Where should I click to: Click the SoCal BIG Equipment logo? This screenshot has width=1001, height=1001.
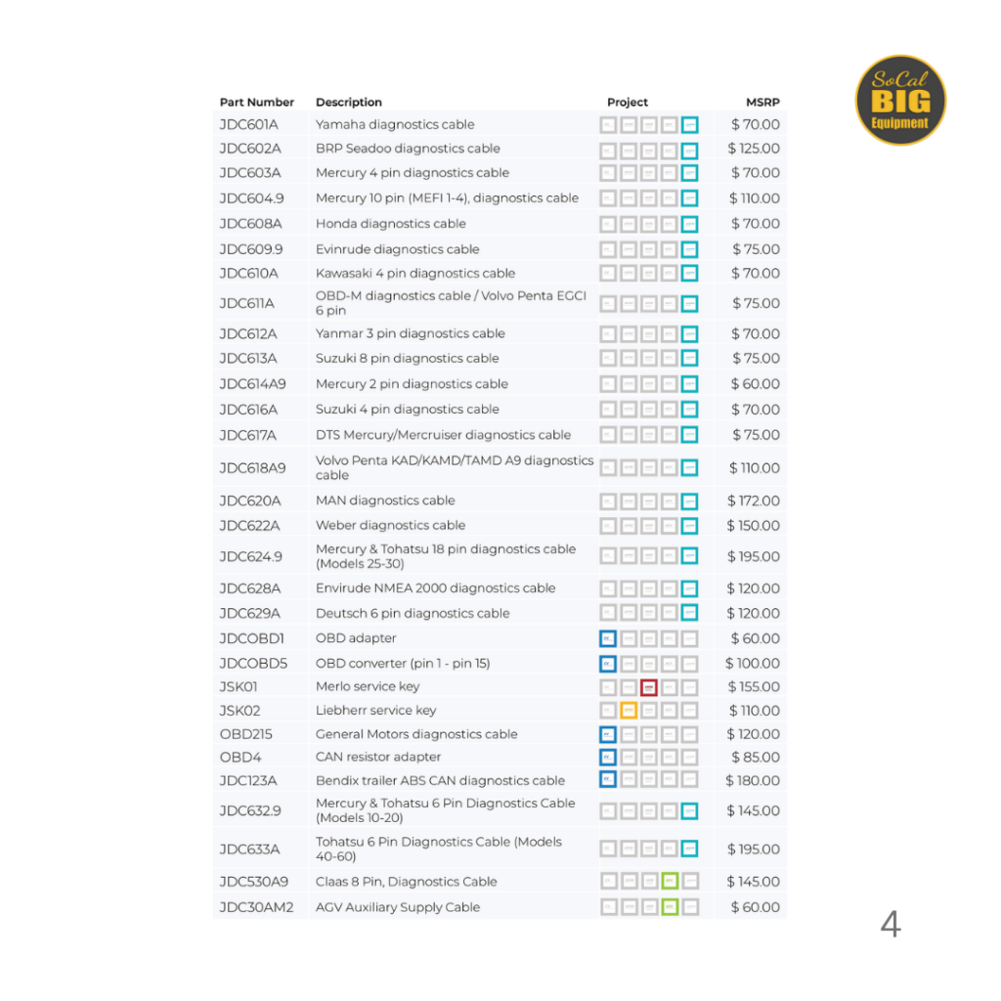900,100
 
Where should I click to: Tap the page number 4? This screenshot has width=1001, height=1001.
890,924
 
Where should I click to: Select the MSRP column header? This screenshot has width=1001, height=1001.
762,103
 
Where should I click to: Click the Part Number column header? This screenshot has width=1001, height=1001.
256,103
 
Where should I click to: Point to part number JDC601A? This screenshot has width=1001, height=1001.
248,125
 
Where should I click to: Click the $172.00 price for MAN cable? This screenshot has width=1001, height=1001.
754,500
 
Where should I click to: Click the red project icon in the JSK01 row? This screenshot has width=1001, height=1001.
649,687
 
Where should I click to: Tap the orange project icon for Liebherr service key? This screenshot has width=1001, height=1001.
629,711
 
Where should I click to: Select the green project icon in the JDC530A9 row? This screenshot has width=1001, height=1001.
670,882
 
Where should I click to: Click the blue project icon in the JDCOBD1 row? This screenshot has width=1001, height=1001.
608,638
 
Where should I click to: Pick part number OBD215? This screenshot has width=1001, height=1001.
246,734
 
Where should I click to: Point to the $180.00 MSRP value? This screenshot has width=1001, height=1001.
753,781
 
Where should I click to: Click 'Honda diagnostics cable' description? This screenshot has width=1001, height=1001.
390,224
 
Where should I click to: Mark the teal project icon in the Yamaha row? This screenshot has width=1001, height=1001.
690,125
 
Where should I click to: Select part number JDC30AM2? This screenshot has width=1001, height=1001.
256,907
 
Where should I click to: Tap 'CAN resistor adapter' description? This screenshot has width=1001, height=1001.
377,758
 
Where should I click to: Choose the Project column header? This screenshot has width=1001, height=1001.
627,103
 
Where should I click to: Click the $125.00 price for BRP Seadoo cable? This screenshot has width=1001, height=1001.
754,149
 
